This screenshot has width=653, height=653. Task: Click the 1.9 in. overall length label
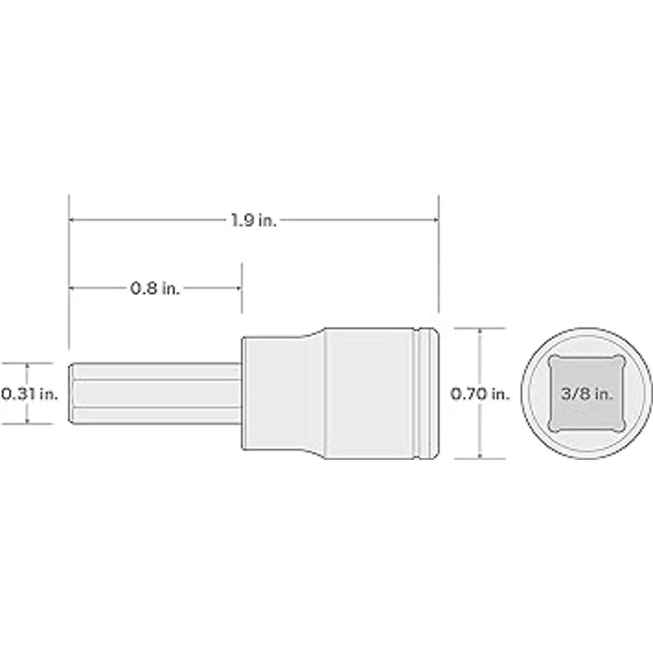(x=254, y=220)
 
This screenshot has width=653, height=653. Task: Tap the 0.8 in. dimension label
(x=155, y=288)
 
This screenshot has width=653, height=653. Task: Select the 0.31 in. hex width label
(x=30, y=394)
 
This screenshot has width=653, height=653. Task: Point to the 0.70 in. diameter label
(x=480, y=394)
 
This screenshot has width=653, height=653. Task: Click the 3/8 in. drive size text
(x=587, y=394)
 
